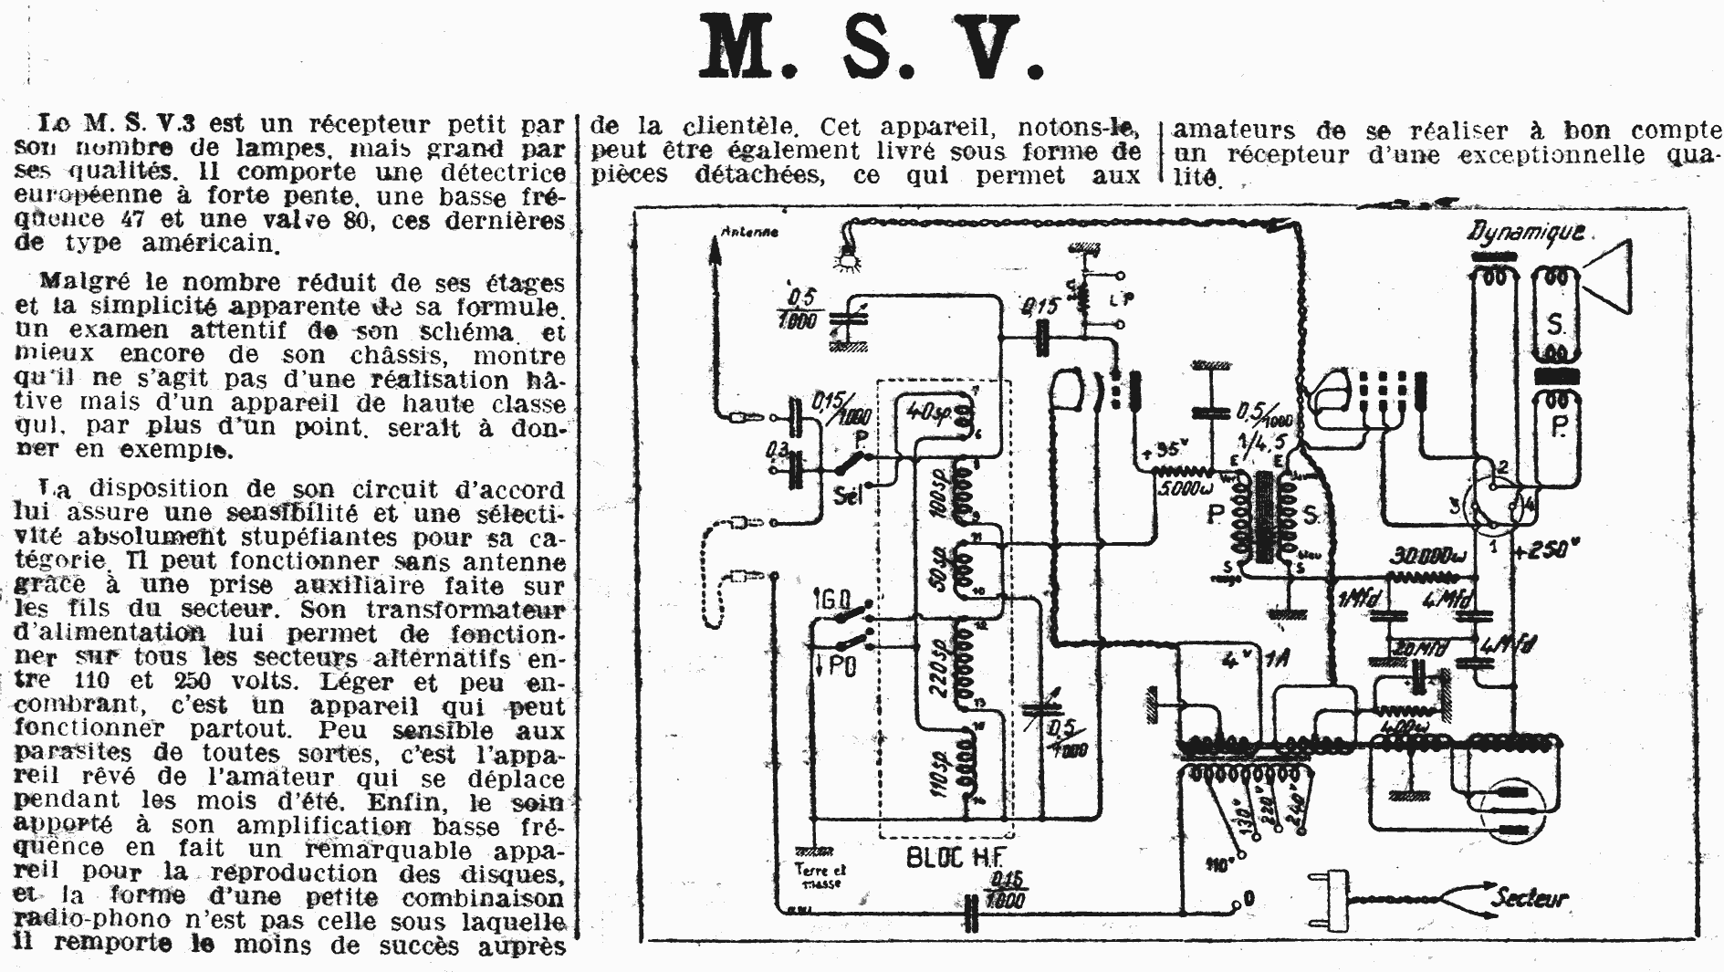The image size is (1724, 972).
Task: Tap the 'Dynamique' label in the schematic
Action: click(1525, 233)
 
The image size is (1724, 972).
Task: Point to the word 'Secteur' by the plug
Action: click(1529, 898)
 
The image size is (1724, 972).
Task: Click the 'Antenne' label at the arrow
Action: click(749, 232)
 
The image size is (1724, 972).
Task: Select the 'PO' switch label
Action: click(838, 667)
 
